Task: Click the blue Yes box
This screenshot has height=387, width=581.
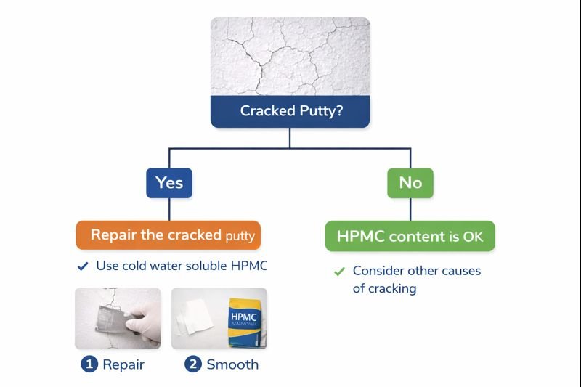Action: point(168,183)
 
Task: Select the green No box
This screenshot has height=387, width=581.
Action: point(410,183)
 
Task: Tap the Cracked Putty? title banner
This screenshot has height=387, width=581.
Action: point(290,112)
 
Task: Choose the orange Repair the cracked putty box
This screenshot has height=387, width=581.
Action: point(168,235)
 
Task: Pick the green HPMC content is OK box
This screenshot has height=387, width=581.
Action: point(410,236)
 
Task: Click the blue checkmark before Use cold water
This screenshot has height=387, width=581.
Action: point(83,266)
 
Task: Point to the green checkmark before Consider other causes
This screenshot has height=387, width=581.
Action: point(338,272)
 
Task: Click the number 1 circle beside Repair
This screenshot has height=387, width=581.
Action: point(89,364)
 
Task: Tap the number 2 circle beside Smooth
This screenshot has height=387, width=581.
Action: point(192,364)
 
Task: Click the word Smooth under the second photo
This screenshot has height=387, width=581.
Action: point(232,364)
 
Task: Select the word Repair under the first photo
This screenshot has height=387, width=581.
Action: point(123,364)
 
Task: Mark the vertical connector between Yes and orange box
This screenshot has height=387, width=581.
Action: point(169,209)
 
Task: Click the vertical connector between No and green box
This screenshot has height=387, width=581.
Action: point(410,209)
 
